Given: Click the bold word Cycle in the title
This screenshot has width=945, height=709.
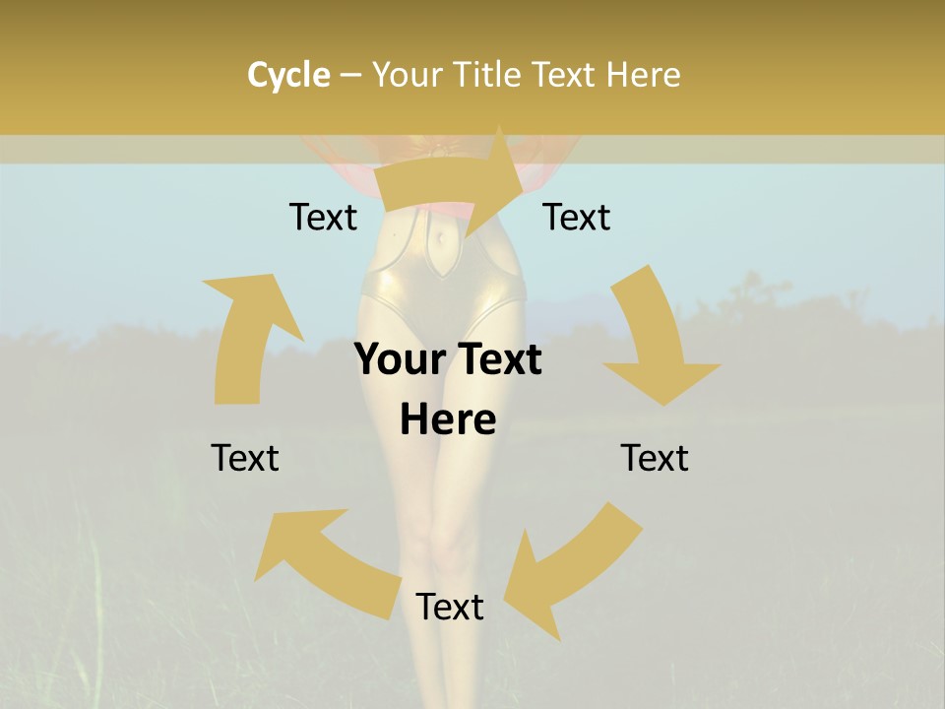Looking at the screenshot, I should coord(288,75).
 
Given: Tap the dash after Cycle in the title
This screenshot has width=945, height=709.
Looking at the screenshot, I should coord(350,75).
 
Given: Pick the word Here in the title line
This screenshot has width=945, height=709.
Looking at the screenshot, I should coord(645,75).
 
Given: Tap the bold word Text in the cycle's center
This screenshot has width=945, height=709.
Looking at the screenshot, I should coord(497,359).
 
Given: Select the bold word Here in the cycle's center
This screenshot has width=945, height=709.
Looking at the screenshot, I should coord(448,419).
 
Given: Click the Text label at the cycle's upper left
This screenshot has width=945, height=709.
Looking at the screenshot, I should coord(323,217).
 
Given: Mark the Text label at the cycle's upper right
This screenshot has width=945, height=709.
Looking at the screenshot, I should coord(577,217).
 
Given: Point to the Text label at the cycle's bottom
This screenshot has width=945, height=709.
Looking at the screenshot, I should coord(450,607).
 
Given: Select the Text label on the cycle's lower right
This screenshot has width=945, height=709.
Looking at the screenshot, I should coord(655,458).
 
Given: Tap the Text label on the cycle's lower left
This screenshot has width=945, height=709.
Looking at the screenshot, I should coord(245,458).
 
